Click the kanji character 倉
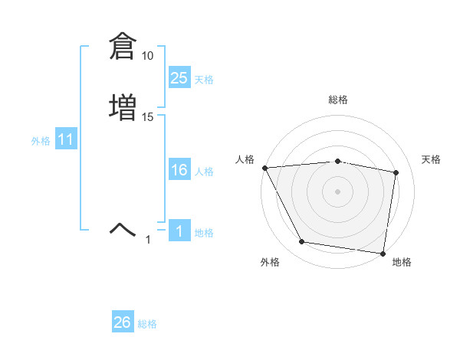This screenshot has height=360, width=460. (122, 47)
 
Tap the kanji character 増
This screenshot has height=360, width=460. (122, 106)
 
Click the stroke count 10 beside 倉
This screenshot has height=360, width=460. (147, 56)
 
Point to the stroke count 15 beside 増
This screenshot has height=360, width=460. (147, 116)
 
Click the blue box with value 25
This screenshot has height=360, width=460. (179, 78)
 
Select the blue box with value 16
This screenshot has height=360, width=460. (179, 170)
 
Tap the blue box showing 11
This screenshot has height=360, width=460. (65, 140)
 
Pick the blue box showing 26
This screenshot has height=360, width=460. (122, 322)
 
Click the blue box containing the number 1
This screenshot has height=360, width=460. (179, 231)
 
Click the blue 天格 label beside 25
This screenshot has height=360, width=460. (204, 80)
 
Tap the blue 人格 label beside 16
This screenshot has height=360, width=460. (204, 172)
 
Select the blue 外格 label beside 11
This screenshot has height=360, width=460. (41, 141)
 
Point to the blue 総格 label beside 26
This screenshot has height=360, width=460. (147, 324)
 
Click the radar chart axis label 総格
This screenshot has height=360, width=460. (337, 100)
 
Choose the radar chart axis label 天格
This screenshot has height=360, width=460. (431, 159)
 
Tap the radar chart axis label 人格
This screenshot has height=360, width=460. (245, 159)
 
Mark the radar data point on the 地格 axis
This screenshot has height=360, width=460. (383, 253)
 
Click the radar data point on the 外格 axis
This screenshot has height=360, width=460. (301, 242)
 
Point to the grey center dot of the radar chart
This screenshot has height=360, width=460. (337, 191)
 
